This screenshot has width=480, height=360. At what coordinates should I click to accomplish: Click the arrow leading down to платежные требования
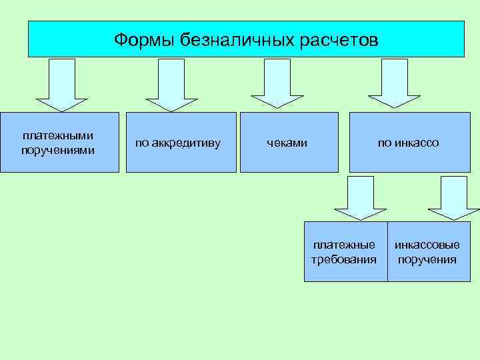point(361,197)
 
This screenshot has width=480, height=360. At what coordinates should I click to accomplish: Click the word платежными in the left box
point(58,136)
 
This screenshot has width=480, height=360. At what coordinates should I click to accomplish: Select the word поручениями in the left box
point(58,150)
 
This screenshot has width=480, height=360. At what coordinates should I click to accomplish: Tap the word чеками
point(287,143)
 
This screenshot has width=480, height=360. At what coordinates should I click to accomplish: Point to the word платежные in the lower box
point(344,245)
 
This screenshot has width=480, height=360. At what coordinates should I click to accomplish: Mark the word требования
point(344,259)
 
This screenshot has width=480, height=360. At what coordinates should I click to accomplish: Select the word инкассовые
point(427,245)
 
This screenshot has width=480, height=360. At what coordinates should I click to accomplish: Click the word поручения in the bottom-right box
point(427,259)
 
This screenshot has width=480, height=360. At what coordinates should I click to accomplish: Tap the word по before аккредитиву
point(142,143)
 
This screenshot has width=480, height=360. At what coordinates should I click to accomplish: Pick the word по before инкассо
point(385,143)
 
